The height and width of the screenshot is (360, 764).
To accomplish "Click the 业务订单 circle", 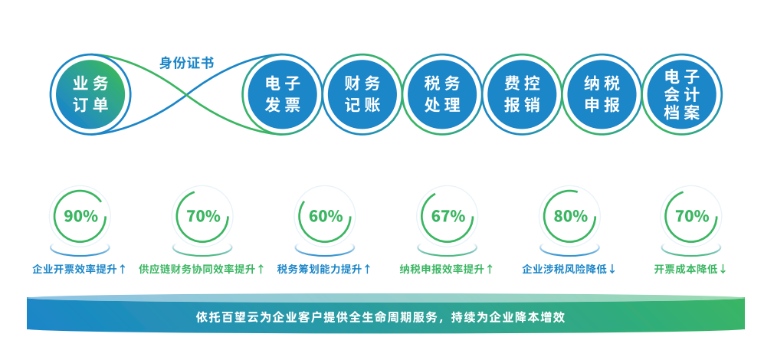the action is pyautogui.click(x=90, y=94).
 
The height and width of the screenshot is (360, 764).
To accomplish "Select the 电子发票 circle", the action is pyautogui.click(x=283, y=94).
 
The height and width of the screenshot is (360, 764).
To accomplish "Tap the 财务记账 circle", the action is pyautogui.click(x=362, y=94).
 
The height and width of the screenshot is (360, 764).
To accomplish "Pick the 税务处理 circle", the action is pyautogui.click(x=442, y=94).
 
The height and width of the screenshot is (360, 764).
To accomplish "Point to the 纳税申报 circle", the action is pyautogui.click(x=602, y=94).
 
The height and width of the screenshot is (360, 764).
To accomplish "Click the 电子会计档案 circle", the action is pyautogui.click(x=682, y=94).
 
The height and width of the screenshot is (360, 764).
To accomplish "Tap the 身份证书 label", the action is pyautogui.click(x=187, y=64).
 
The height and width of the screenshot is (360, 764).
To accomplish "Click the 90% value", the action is pyautogui.click(x=81, y=216).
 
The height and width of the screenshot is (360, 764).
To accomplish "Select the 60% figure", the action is pyautogui.click(x=326, y=216).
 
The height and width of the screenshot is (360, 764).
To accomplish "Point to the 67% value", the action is pyautogui.click(x=448, y=216).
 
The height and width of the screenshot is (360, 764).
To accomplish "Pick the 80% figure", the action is pyautogui.click(x=571, y=216).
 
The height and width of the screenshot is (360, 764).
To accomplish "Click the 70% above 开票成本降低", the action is pyautogui.click(x=693, y=216).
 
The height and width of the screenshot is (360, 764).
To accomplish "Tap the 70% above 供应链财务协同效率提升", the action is pyautogui.click(x=204, y=216).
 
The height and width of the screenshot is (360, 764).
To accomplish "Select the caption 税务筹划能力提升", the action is pyautogui.click(x=319, y=269).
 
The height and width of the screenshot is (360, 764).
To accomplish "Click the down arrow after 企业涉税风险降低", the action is pyautogui.click(x=612, y=269).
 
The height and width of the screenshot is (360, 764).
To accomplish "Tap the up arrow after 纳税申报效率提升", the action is pyautogui.click(x=490, y=269).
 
